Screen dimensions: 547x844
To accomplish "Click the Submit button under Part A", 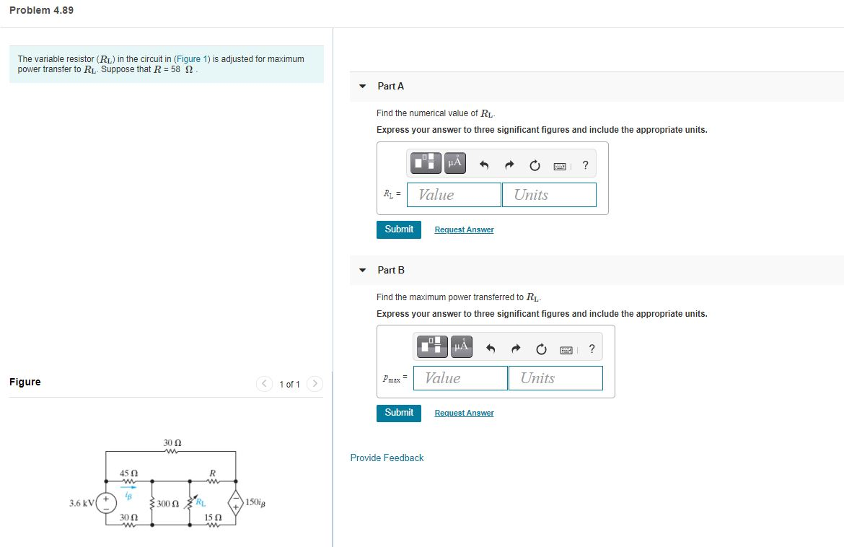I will [399, 229].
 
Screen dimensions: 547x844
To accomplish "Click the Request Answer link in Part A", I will [464, 229].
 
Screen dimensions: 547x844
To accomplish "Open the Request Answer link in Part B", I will [464, 413].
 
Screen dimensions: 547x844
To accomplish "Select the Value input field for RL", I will [454, 195].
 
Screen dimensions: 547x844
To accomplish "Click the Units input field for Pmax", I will [555, 378].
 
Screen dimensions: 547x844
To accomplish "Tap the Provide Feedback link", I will [387, 458].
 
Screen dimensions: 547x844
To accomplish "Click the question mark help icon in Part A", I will [585, 165].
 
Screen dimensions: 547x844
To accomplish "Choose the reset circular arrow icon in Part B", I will [541, 349].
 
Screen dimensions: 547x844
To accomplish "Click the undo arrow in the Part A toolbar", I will [485, 165].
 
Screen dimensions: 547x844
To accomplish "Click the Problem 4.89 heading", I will [42, 10].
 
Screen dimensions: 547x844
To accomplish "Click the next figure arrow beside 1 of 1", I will [314, 384].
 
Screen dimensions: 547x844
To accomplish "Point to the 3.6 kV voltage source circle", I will [106, 502].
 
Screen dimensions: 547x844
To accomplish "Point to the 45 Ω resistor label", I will [128, 473].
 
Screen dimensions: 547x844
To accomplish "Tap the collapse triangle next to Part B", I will [363, 270].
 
